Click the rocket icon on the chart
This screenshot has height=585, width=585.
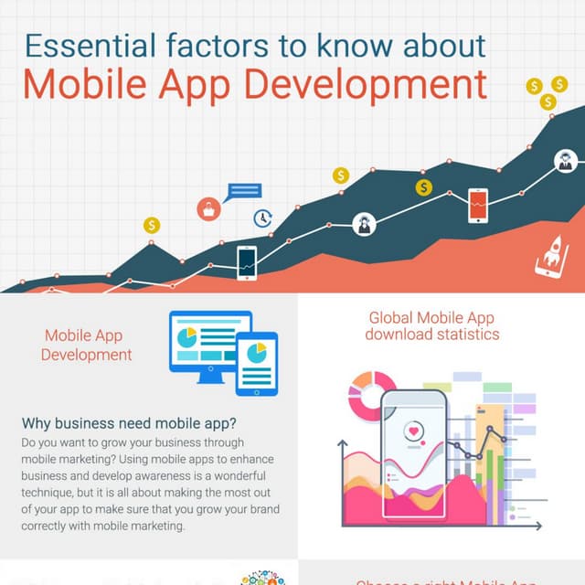[x=550, y=255]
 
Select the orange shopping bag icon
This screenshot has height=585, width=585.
[x=209, y=209]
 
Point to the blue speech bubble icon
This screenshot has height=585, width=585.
[x=245, y=191]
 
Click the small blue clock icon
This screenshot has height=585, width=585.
[x=263, y=218]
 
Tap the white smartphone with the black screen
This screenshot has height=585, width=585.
[x=247, y=262]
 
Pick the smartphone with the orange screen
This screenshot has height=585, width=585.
[x=478, y=205]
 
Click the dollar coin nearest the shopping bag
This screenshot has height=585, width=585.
[x=152, y=225]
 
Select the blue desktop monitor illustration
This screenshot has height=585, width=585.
[x=209, y=341]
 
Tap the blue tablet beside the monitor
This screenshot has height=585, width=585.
[x=257, y=363]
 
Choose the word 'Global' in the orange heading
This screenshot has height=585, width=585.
[x=390, y=318]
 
